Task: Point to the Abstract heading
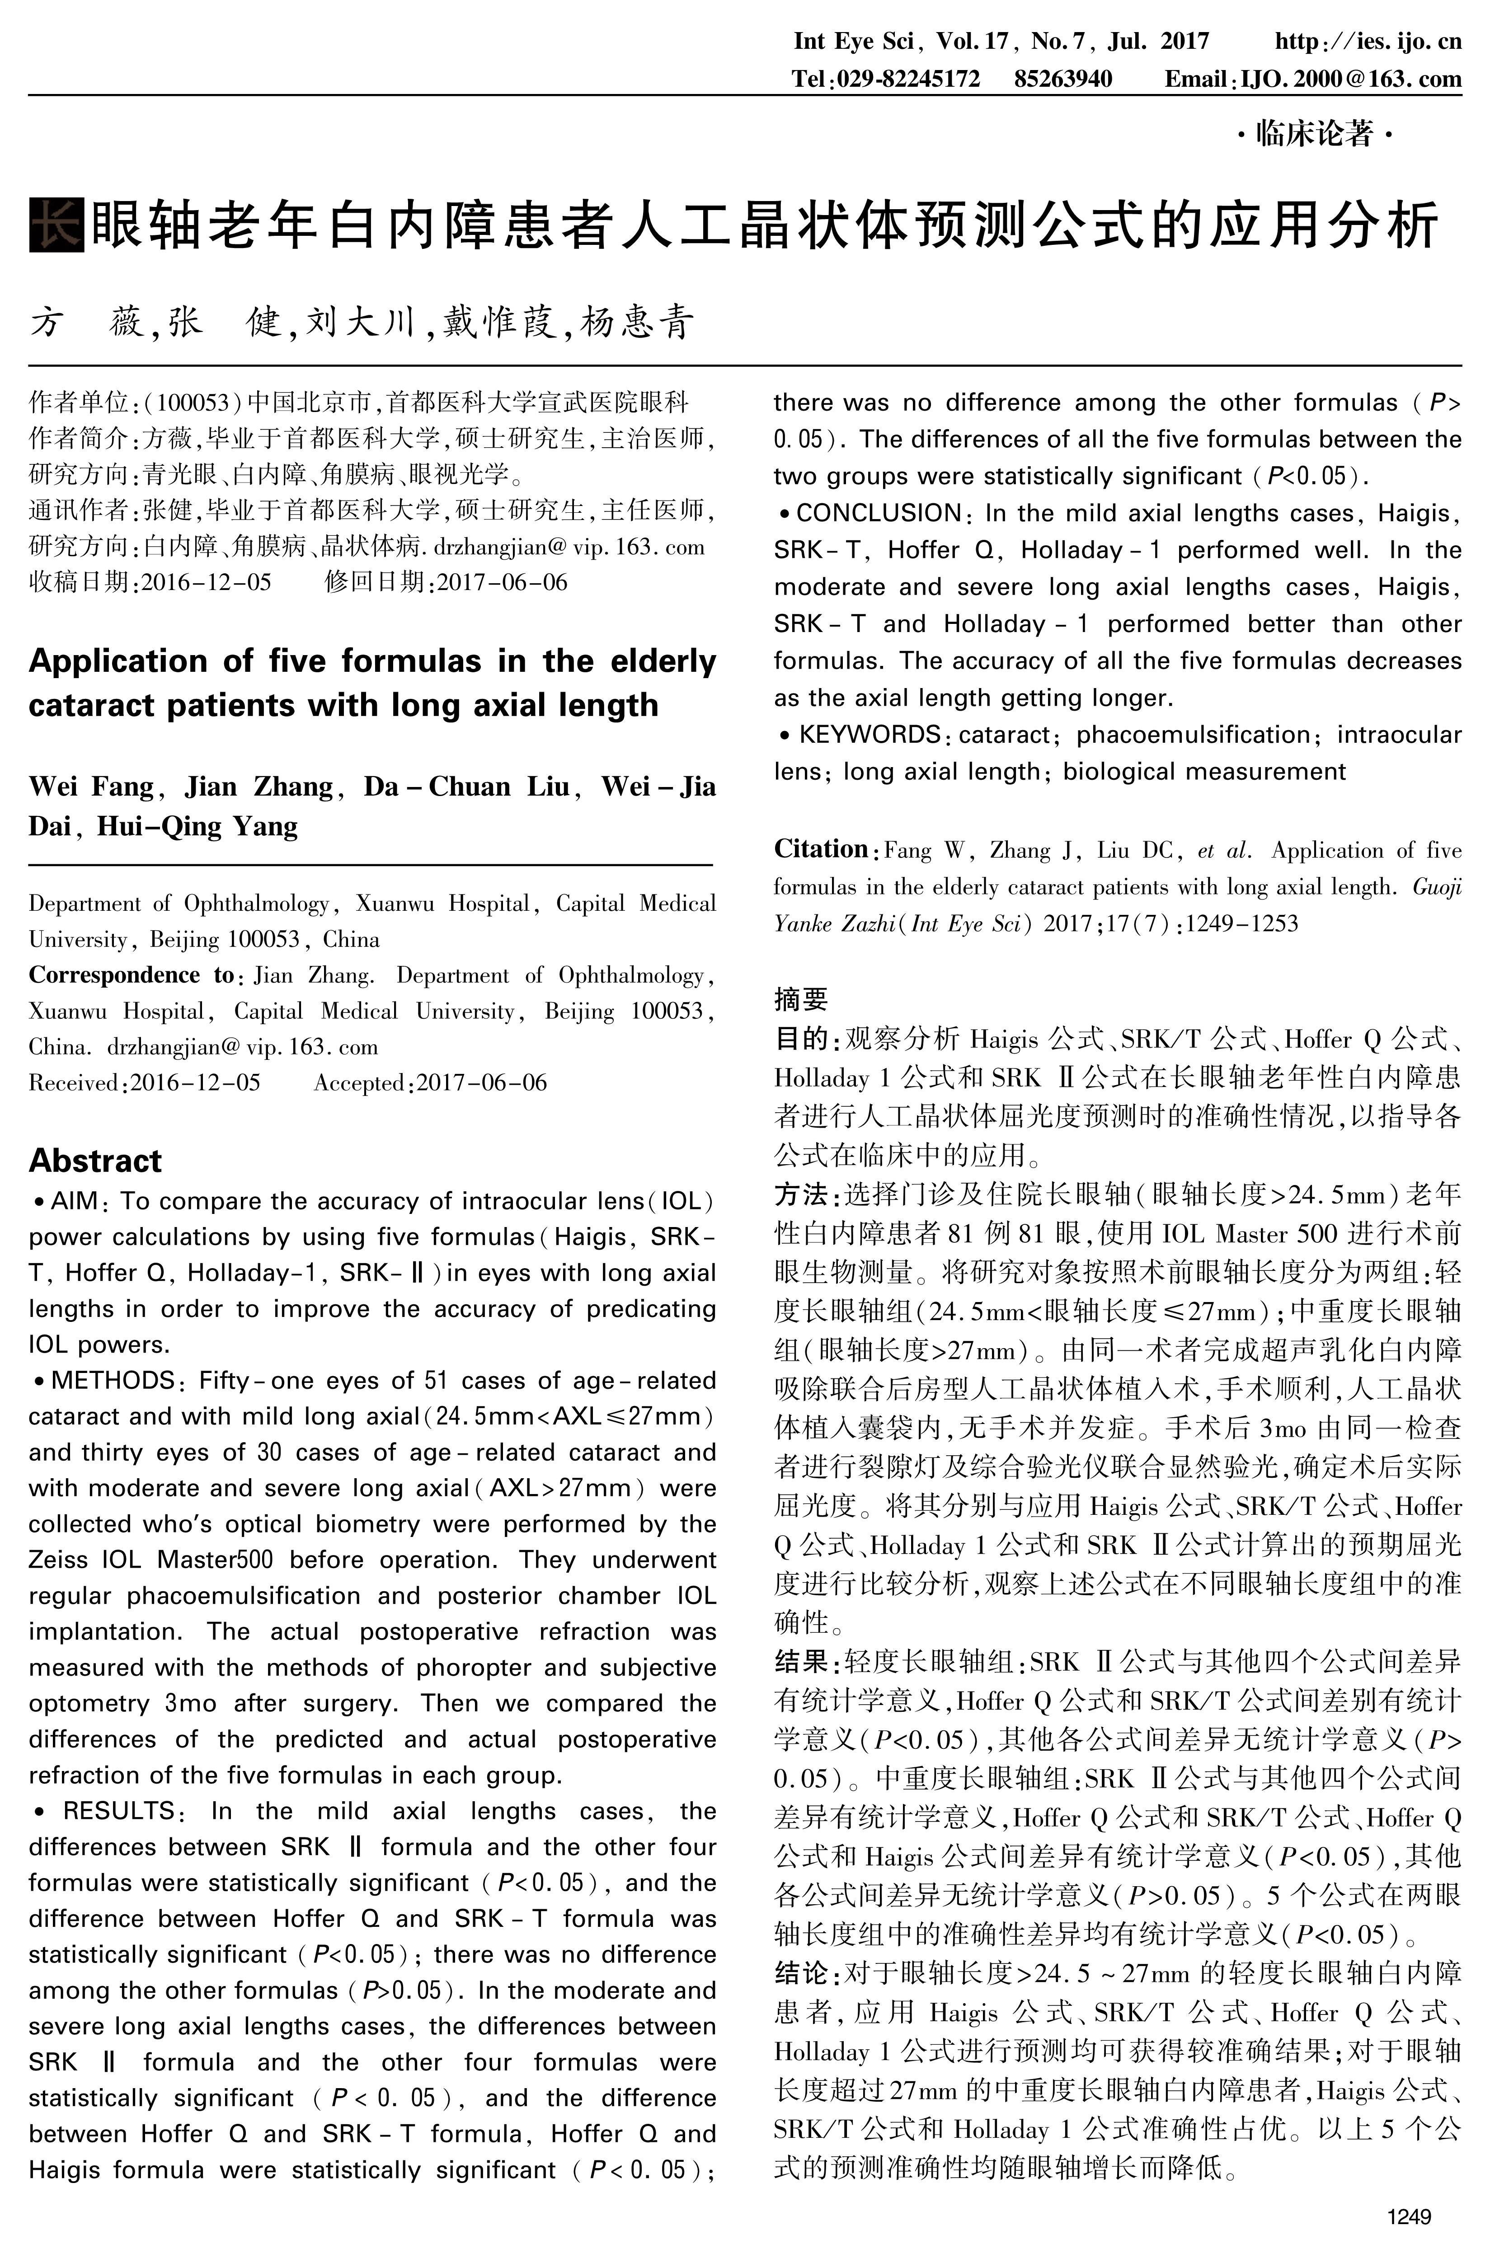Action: click(95, 1161)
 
